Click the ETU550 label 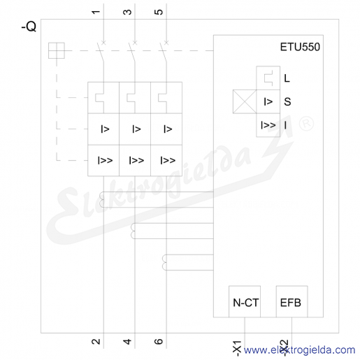click(300, 47)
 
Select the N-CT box click(245, 301)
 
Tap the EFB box click(291, 301)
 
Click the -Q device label click(29, 27)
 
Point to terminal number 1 click(96, 12)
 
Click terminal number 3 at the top click(127, 12)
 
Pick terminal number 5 click(159, 12)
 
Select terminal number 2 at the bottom click(96, 342)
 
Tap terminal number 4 click(127, 342)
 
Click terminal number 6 click(159, 342)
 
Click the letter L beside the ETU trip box click(287, 78)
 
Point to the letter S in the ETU click(287, 102)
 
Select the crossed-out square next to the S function click(245, 102)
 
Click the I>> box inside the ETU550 click(268, 125)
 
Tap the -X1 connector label click(237, 348)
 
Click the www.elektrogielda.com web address click(299, 350)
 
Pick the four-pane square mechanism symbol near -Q click(57, 50)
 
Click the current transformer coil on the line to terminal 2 click(102, 200)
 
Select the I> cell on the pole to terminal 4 click(135, 129)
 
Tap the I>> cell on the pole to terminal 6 click(166, 161)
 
